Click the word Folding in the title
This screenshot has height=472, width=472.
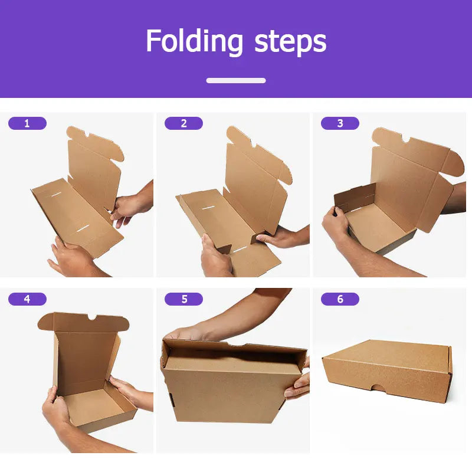point(194,42)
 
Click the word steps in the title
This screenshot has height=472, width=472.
point(290,42)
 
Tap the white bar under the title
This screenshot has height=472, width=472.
point(236,80)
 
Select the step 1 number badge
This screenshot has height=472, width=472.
point(27,123)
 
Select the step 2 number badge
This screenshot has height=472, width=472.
point(183,123)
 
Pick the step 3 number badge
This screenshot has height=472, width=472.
point(340,123)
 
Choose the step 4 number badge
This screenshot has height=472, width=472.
point(27,299)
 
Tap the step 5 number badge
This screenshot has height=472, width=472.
point(183,299)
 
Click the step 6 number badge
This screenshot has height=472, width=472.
point(340,299)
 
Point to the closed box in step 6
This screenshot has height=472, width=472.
point(387,371)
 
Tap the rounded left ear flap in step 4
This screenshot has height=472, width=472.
point(46,322)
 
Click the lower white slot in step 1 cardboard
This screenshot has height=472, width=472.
point(83,228)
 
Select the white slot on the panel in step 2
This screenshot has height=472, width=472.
point(208,208)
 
